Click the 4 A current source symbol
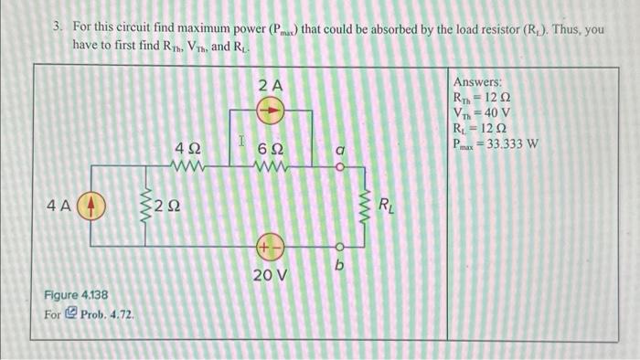tap(91, 206)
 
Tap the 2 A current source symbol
tap(271, 111)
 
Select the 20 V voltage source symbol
tap(271, 246)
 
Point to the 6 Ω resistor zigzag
tap(271, 167)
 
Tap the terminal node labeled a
tap(337, 167)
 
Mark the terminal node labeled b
tap(337, 246)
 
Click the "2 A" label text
tap(271, 85)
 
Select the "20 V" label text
tap(271, 274)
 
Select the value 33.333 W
tap(515, 143)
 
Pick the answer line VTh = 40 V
tap(482, 112)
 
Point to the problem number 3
tap(57, 29)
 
